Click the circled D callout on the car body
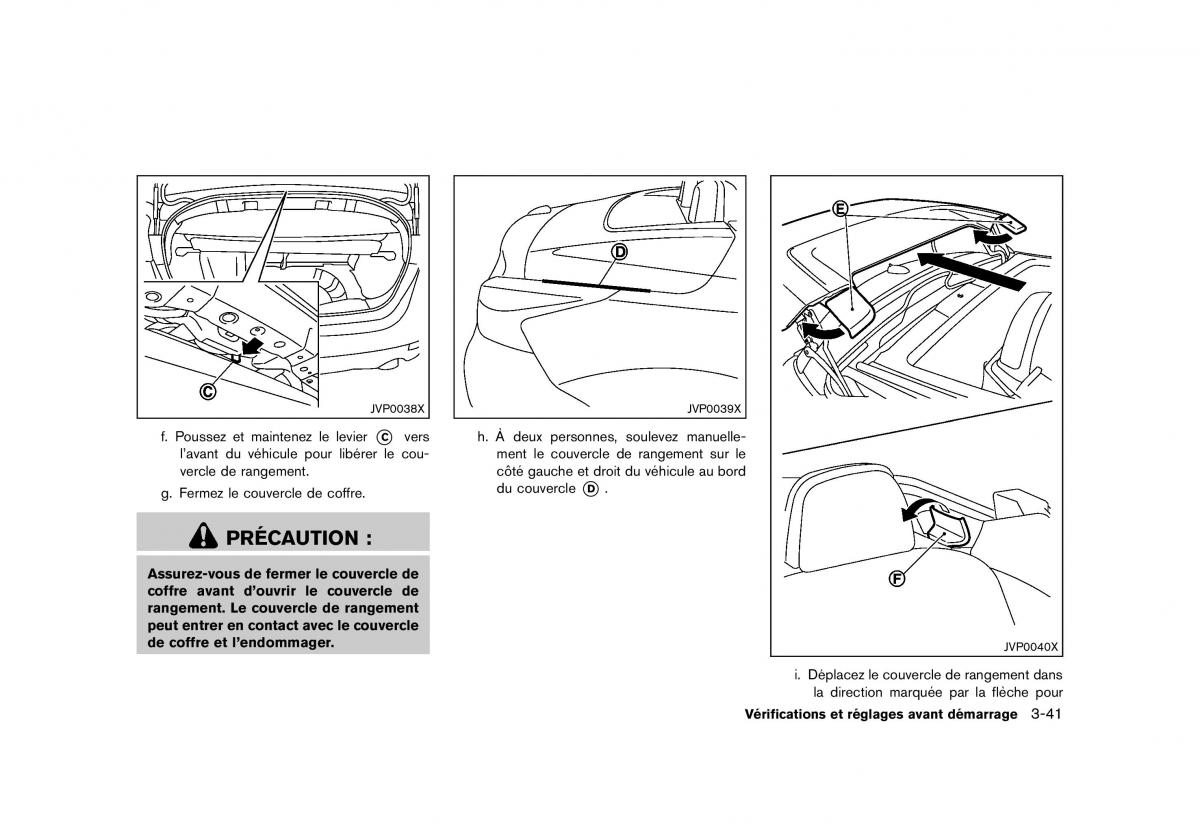pyautogui.click(x=620, y=252)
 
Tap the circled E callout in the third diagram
pyautogui.click(x=840, y=208)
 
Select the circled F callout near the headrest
pyautogui.click(x=897, y=579)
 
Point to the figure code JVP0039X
pyautogui.click(x=713, y=408)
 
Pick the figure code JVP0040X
pyautogui.click(x=1031, y=646)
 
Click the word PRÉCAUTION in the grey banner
pyautogui.click(x=292, y=537)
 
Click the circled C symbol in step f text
pyautogui.click(x=384, y=437)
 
